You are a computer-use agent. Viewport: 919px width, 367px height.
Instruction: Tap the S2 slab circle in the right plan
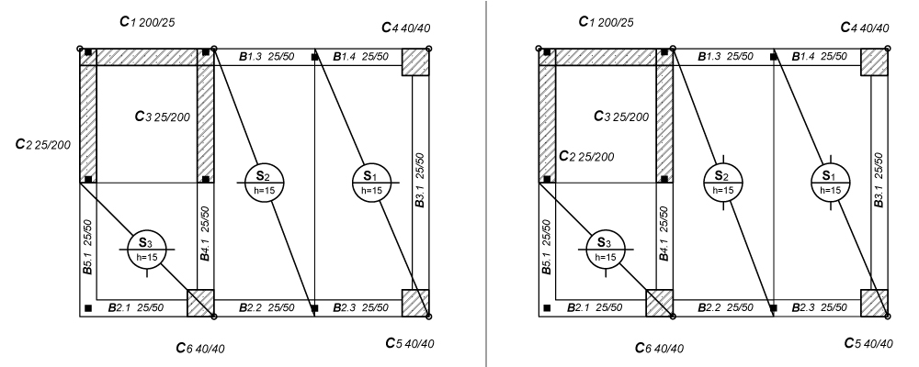tap(722, 182)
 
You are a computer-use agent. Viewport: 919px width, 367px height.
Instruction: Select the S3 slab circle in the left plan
tap(144, 249)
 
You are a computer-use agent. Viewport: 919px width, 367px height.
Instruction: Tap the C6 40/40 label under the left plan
tap(199, 348)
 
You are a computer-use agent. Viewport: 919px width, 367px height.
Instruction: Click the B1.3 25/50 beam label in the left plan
tap(266, 57)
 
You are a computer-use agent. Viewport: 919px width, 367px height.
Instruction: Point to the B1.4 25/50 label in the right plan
tap(819, 57)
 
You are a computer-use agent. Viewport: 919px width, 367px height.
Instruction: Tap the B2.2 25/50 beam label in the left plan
tap(267, 306)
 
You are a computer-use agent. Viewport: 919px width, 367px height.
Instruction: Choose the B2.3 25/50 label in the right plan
tap(819, 306)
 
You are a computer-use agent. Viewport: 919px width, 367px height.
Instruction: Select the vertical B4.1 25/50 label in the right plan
tap(664, 240)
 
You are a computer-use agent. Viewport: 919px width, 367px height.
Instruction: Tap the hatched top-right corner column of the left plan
tap(415, 62)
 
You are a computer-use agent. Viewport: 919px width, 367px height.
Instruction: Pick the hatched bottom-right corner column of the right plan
tap(875, 303)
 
